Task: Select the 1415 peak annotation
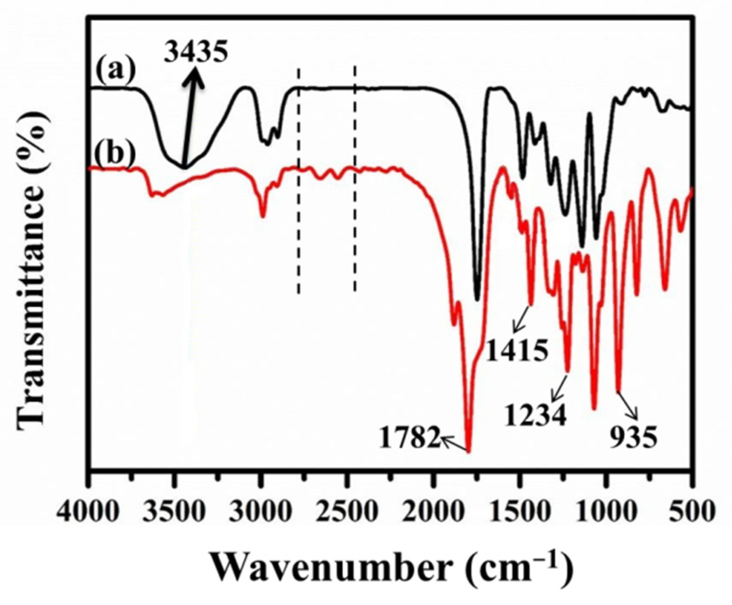pos(516,351)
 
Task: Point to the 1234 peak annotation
pos(536,416)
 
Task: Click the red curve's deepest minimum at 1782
pos(468,451)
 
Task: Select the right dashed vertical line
pos(355,178)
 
